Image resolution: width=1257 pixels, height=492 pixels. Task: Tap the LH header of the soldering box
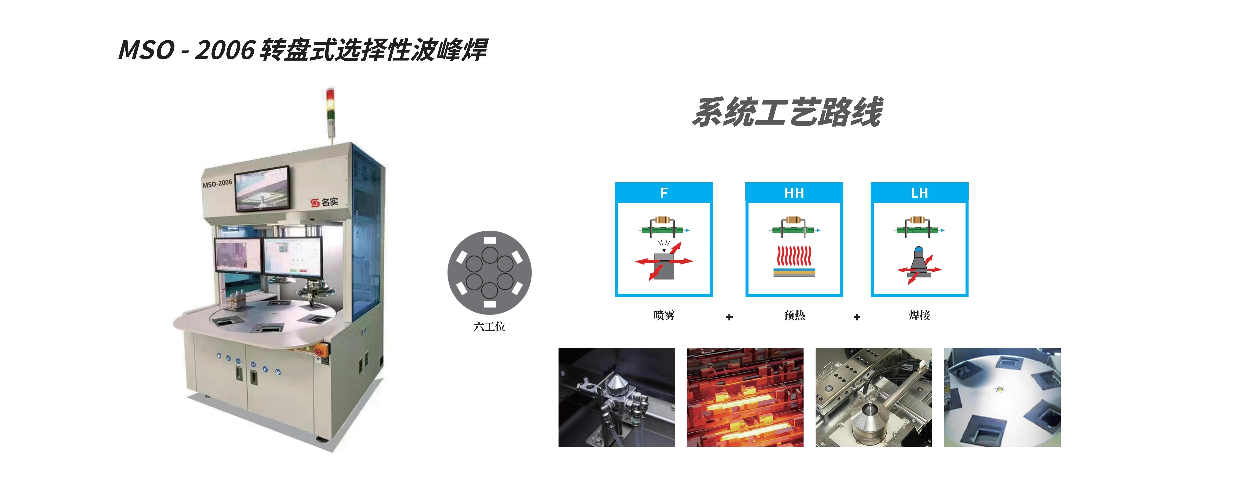pyautogui.click(x=919, y=193)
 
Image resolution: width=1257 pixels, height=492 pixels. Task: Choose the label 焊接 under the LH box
pyautogui.click(x=919, y=315)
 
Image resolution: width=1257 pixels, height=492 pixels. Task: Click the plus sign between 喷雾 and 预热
pyautogui.click(x=729, y=317)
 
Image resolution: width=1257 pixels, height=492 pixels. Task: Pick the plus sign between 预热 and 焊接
pyautogui.click(x=857, y=317)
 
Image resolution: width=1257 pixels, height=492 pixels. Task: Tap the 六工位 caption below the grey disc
pyautogui.click(x=489, y=327)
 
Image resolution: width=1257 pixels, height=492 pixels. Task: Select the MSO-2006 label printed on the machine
pyautogui.click(x=217, y=184)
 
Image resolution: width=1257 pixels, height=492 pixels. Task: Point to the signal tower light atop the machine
pyautogui.click(x=330, y=105)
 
